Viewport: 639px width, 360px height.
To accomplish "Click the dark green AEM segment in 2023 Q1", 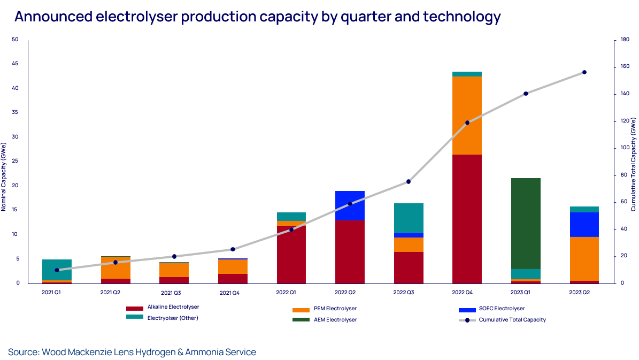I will [526, 223].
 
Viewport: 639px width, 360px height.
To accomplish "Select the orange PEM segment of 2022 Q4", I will [467, 116].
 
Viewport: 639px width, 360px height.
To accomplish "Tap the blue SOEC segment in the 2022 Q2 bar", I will [350, 205].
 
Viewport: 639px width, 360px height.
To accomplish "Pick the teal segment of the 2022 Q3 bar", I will [409, 218].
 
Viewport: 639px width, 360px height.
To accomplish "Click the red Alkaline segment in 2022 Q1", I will [291, 254].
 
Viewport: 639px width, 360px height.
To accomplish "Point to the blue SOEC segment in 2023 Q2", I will [584, 225].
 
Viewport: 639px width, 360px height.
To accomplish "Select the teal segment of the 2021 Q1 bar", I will [57, 270].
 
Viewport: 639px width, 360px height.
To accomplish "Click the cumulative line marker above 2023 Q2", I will [584, 72].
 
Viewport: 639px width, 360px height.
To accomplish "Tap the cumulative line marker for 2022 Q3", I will [409, 182].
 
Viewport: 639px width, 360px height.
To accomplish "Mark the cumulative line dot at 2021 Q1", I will [57, 270].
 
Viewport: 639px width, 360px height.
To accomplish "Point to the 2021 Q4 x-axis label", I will [232, 293].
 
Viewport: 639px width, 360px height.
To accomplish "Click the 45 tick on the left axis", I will [15, 64].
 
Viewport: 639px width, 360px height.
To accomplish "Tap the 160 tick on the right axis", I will [624, 67].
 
